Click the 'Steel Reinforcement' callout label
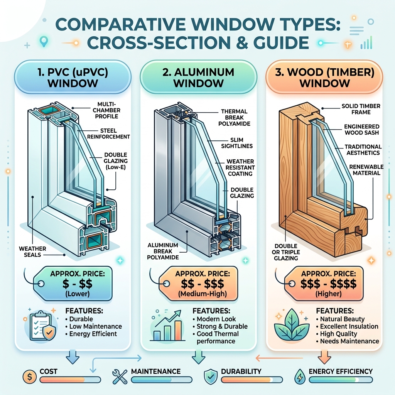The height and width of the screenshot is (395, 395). pos(108,134)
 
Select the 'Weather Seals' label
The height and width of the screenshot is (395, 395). pos(32,252)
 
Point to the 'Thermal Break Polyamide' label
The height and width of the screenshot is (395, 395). pos(234,117)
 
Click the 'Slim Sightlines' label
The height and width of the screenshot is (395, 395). pos(237,143)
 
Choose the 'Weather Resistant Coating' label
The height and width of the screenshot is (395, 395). pos(240,167)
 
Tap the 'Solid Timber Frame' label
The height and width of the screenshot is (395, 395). pos(361,109)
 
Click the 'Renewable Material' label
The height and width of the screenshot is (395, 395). pos(366,170)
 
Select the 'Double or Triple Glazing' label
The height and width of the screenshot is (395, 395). pos(286,252)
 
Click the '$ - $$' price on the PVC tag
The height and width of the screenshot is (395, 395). pos(77,284)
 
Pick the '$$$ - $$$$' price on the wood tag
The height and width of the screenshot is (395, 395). pos(329,284)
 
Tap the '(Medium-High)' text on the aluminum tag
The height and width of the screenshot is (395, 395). pos(203,294)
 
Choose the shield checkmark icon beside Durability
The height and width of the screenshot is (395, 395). pos(211,377)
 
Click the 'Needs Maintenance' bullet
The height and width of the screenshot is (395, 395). pos(348,341)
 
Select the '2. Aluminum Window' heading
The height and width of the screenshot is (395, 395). pos(199,78)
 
